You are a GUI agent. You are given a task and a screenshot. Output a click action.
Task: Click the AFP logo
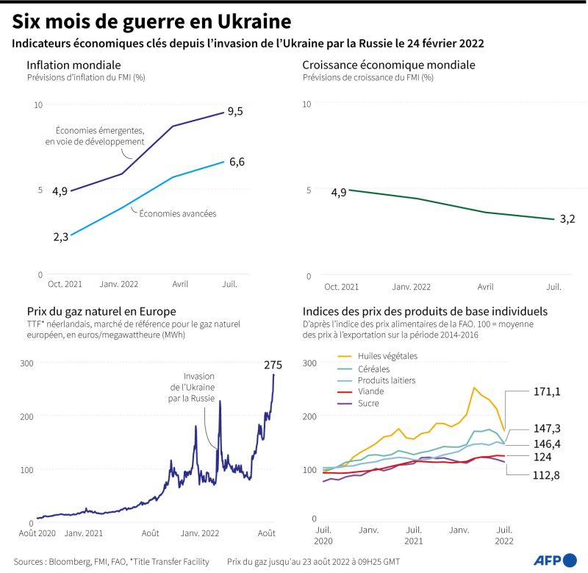pyautogui.click(x=556, y=558)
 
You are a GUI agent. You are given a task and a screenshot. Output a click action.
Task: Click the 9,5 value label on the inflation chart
pyautogui.click(x=235, y=111)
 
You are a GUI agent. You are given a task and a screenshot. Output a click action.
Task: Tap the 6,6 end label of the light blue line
pyautogui.click(x=237, y=162)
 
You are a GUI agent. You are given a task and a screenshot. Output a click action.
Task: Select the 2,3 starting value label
pyautogui.click(x=60, y=237)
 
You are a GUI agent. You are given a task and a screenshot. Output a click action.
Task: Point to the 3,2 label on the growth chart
pyautogui.click(x=567, y=218)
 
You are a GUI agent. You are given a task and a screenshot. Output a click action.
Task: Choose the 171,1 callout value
pyautogui.click(x=547, y=392)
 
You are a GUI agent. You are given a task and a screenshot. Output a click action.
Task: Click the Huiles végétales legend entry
pyautogui.click(x=387, y=356)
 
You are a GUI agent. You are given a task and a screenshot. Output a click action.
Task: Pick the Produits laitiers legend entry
pyautogui.click(x=387, y=380)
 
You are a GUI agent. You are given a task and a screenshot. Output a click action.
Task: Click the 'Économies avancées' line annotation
pyautogui.click(x=177, y=214)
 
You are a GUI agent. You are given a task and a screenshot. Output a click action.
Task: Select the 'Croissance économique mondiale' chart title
pyautogui.click(x=389, y=65)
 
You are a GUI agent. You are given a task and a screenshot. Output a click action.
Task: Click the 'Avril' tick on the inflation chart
pyautogui.click(x=179, y=283)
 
